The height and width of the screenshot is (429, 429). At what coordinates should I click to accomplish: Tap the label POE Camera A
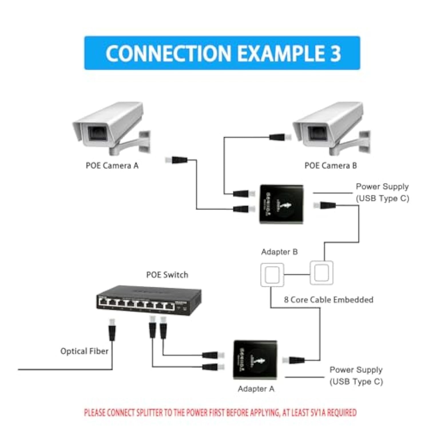click(112, 166)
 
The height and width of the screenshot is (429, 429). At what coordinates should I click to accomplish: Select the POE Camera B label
click(330, 166)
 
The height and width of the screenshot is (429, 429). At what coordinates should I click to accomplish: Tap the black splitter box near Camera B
click(281, 204)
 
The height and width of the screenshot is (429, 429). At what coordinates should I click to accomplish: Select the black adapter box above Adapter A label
click(255, 360)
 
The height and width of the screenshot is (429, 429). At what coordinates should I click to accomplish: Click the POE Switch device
click(149, 300)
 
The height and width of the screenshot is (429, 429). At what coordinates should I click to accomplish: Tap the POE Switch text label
click(167, 275)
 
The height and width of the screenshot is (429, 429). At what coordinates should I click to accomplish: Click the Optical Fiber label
click(84, 351)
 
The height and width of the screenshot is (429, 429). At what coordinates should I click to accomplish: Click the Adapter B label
click(279, 252)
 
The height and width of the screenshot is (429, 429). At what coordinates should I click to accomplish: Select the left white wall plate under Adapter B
click(272, 275)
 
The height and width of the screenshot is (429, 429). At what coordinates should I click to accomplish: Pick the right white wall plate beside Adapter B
click(321, 273)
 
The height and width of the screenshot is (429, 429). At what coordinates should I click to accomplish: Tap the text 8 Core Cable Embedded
click(328, 300)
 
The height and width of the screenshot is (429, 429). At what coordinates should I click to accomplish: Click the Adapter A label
click(256, 389)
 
